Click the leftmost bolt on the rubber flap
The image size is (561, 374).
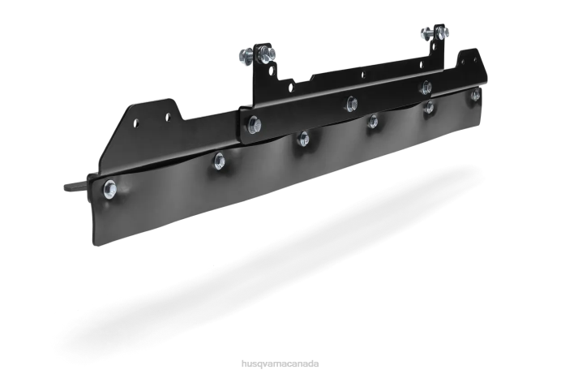click(109, 189)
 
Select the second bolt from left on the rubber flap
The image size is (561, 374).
click(219, 161)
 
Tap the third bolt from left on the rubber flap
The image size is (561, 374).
click(304, 139)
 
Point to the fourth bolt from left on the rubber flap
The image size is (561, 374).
click(373, 122)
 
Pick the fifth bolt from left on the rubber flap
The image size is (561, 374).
click(430, 107)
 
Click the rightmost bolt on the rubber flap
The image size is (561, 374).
click(476, 95)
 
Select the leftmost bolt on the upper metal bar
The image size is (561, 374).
click(254, 125)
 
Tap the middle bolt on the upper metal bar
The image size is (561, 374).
click(352, 104)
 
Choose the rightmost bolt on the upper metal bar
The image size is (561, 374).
click(426, 87)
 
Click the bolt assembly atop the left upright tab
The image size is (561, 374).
click(258, 54)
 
